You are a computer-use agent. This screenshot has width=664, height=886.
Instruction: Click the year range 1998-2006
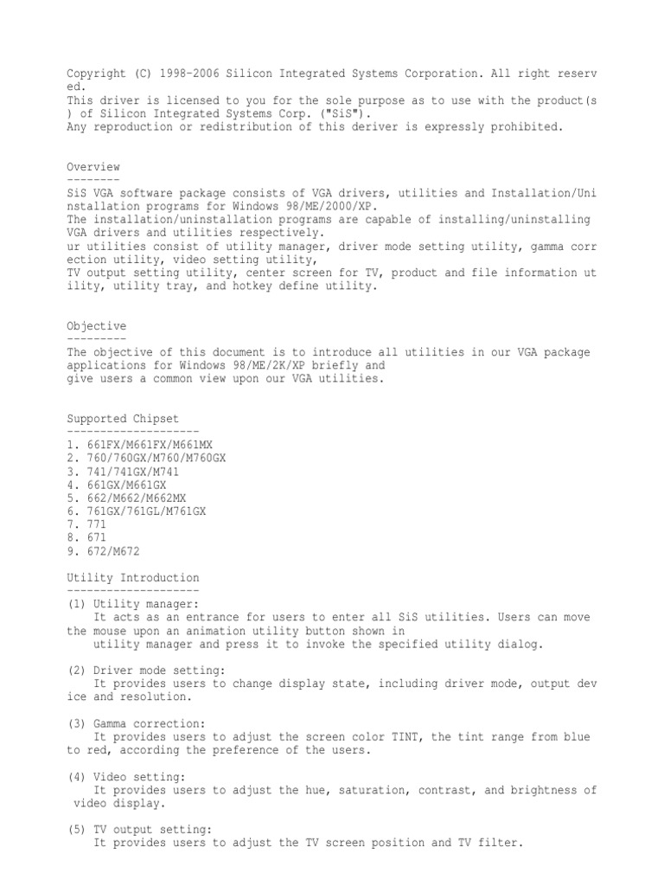point(187,74)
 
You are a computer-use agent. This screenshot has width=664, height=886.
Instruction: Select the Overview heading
point(93,167)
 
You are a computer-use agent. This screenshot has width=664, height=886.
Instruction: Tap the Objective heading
point(97,326)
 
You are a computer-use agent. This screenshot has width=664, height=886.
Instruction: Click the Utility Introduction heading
point(133,577)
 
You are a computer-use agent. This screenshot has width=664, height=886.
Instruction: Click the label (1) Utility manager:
point(133,604)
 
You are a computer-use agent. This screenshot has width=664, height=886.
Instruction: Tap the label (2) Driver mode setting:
point(147,670)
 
